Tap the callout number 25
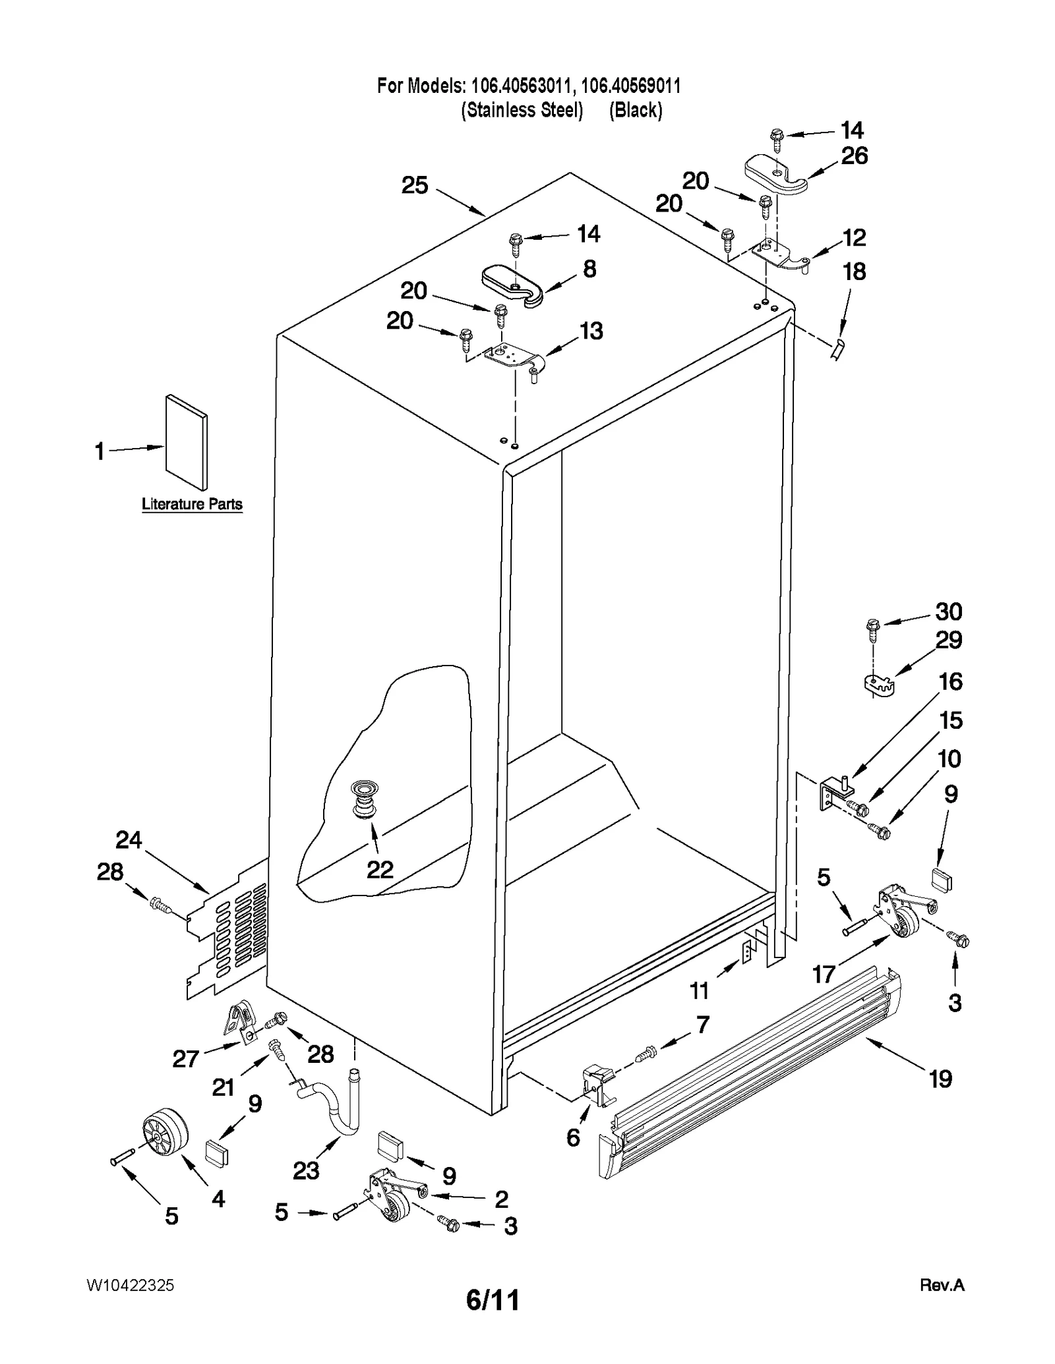[x=415, y=186]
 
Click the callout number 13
[x=591, y=331]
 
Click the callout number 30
[x=948, y=611]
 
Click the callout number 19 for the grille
[x=940, y=1079]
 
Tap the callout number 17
[x=824, y=973]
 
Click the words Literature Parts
[x=192, y=504]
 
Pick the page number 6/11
[x=493, y=1300]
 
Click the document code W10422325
[x=130, y=1285]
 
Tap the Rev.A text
[x=942, y=1285]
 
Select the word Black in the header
[x=636, y=109]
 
